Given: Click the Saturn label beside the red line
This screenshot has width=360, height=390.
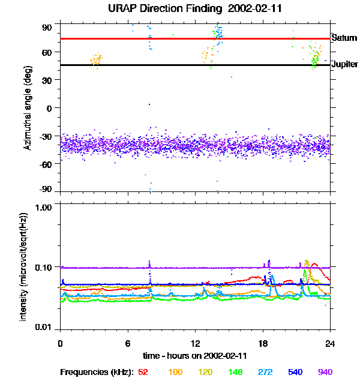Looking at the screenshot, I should pos(344,37).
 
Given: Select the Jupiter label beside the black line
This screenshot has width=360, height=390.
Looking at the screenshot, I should pos(344,64).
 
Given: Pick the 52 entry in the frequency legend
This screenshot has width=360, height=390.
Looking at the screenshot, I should pos(143,372).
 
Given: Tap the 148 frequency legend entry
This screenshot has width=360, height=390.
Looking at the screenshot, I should pos(235,372).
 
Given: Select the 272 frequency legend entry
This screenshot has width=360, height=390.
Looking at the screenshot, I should pos(265,372).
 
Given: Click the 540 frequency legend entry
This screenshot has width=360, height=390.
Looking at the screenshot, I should pos(295,372).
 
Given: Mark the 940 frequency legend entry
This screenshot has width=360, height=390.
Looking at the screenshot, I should pos(325,372).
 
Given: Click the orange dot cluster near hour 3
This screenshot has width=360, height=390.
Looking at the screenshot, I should pos(96,60).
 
